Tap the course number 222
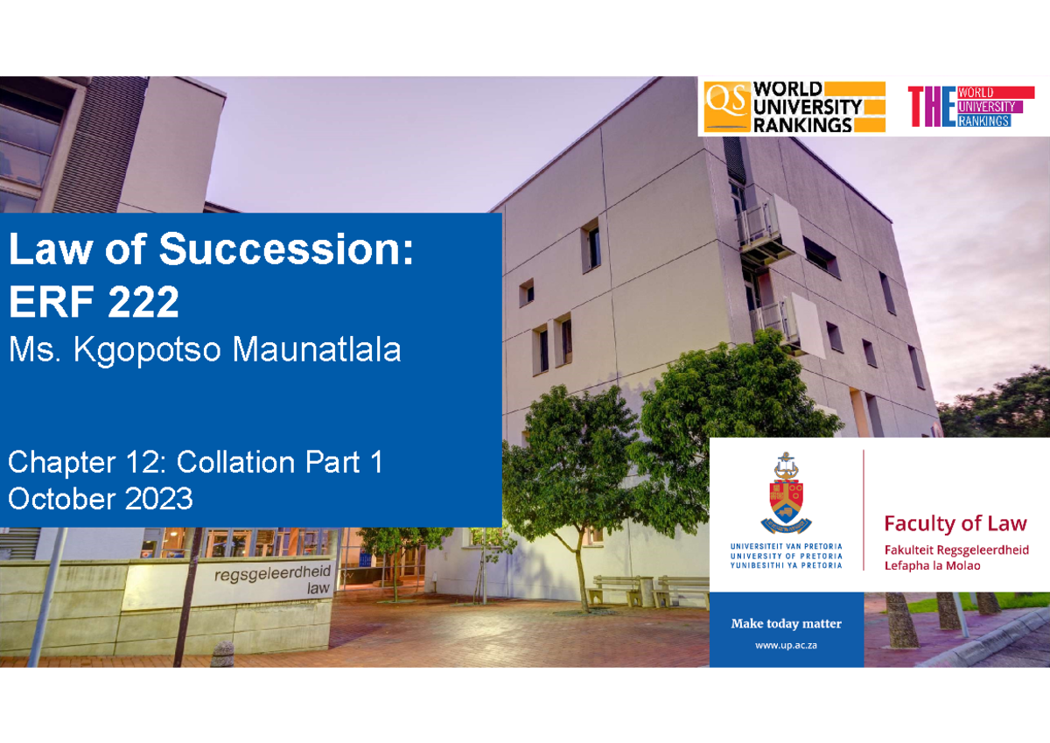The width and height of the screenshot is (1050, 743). click(x=143, y=303)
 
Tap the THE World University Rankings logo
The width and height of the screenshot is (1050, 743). click(x=970, y=107)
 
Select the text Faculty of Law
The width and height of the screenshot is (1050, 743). click(x=955, y=523)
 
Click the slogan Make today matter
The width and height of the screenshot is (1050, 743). click(x=786, y=623)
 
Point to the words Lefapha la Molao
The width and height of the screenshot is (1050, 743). click(x=932, y=565)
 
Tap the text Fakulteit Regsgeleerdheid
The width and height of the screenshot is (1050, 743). click(x=956, y=550)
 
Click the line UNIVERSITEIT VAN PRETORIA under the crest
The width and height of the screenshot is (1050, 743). click(x=786, y=545)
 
